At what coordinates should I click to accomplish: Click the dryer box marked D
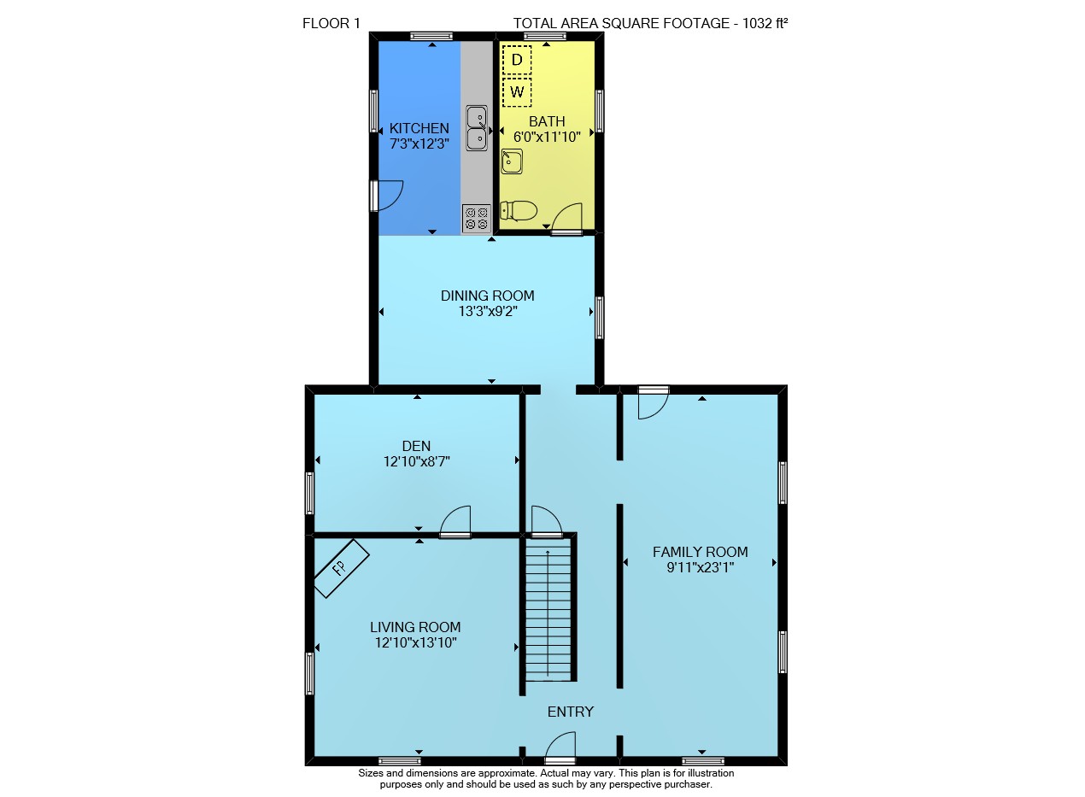point(517,60)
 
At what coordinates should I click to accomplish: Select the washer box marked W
point(517,92)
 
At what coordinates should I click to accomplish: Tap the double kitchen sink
point(477,128)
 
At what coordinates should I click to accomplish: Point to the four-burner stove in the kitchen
point(476,219)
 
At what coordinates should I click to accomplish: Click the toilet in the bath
point(519,211)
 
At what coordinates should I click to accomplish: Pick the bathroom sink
point(512,161)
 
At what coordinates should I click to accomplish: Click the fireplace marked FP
point(342,568)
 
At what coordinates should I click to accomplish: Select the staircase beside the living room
point(548,609)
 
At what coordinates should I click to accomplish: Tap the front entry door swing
point(560,748)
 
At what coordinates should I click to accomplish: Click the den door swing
point(455,522)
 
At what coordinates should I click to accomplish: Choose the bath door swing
point(567,219)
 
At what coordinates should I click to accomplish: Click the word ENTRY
point(570,712)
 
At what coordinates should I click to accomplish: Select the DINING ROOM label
point(487,296)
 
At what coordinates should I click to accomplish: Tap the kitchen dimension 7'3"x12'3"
point(419,144)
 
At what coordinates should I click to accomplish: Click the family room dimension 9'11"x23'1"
point(701,567)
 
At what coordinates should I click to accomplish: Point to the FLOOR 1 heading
point(331,23)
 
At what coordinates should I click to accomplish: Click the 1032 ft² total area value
point(765,23)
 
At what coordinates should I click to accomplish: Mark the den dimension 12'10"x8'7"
point(417,461)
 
